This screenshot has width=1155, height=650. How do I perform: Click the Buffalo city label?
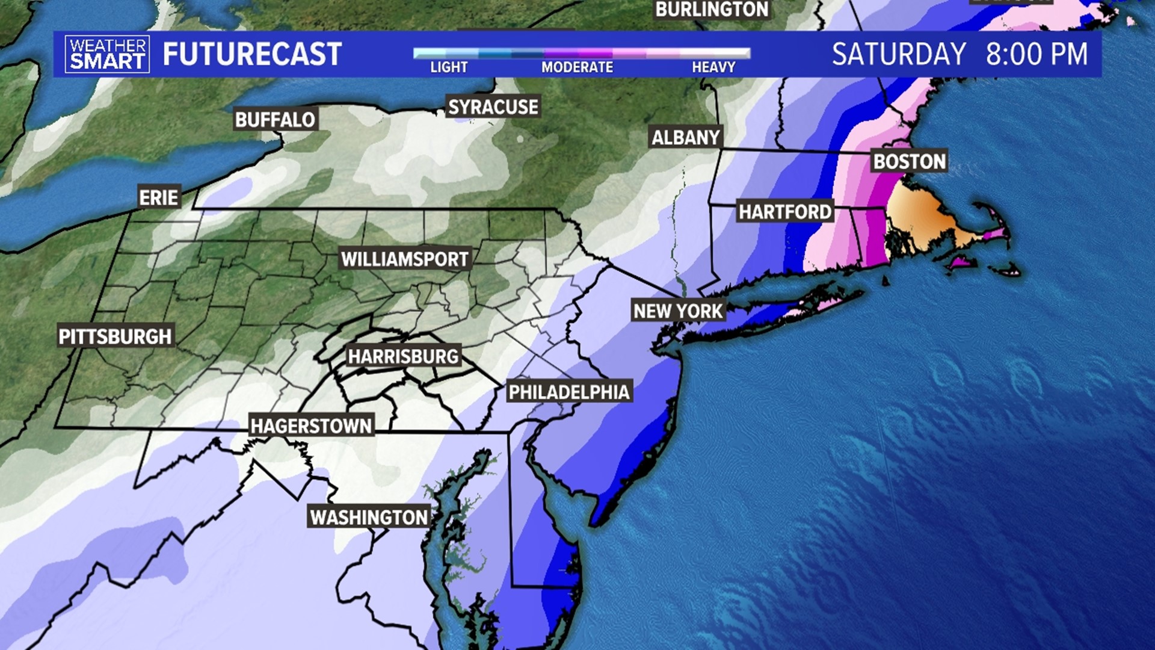(275, 120)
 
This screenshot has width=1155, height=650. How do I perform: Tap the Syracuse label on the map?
(493, 107)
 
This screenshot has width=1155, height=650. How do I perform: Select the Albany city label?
(686, 138)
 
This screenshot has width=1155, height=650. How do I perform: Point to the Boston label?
(910, 161)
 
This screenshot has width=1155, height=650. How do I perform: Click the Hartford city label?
(785, 212)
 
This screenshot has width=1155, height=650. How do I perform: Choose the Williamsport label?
(405, 259)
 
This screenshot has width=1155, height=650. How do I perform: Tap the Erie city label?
(159, 197)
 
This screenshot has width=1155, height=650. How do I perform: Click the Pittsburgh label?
(115, 336)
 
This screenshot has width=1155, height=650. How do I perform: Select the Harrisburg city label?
(403, 356)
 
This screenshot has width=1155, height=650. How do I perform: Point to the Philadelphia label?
(569, 392)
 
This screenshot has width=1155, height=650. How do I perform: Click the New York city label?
(678, 311)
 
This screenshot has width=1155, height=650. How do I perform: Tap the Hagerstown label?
(312, 426)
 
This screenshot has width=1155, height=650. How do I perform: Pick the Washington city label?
(369, 517)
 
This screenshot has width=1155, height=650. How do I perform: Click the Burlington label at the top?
(712, 10)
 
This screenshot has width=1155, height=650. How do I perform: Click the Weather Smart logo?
(107, 54)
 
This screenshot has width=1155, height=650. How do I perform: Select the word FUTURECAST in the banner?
(252, 54)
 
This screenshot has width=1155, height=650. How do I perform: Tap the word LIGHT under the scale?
(449, 67)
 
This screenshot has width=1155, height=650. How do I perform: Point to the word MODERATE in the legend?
(577, 67)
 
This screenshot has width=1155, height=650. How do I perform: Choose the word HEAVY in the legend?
(713, 67)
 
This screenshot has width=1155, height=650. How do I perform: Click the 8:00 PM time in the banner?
(1036, 54)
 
